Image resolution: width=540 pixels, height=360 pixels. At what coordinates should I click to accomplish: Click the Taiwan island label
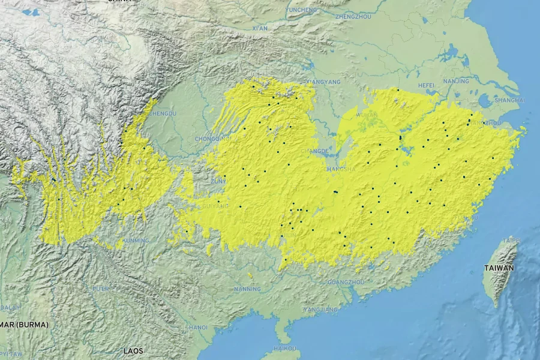(x=499, y=268)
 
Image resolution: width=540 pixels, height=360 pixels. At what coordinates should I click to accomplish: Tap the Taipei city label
(x=511, y=240)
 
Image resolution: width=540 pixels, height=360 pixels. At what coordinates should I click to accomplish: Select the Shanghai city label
(x=510, y=100)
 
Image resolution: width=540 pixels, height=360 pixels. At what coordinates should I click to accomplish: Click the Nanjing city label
(x=456, y=81)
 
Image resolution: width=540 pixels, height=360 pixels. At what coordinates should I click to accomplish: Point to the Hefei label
(x=426, y=85)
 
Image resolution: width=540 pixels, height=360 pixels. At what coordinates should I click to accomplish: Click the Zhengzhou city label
(x=353, y=16)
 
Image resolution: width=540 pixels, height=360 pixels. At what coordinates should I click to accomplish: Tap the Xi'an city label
(x=260, y=28)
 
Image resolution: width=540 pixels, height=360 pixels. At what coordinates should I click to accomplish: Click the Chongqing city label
(x=212, y=139)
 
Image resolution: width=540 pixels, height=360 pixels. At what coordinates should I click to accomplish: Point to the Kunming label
(x=135, y=241)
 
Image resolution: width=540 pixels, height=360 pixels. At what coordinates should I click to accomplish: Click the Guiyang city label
(x=216, y=206)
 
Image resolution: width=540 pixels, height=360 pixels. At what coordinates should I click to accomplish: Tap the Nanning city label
(x=247, y=289)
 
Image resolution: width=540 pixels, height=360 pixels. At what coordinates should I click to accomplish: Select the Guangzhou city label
(x=346, y=281)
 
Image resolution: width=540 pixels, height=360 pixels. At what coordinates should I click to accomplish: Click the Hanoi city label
(x=198, y=328)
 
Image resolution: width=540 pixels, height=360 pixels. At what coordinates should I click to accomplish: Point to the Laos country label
(x=133, y=350)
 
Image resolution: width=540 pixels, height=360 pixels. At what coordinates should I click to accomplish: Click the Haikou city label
(x=284, y=348)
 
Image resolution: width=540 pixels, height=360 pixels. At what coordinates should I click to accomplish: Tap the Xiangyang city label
(x=323, y=82)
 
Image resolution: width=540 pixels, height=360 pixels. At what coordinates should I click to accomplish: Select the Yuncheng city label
(x=301, y=10)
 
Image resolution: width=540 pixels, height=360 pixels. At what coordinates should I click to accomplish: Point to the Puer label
(x=101, y=289)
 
